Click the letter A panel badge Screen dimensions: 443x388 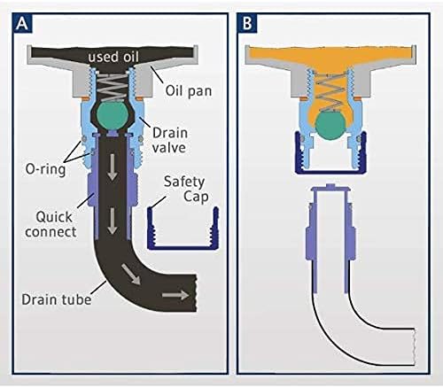point(22,23)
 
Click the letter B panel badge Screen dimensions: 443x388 point(247,23)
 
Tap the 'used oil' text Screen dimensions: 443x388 point(113,57)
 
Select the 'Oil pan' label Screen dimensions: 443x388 point(189,90)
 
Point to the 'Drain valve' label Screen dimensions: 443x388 point(170,140)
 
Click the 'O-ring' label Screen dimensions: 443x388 point(45,169)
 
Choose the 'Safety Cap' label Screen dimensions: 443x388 point(186,189)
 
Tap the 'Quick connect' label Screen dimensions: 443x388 point(51,224)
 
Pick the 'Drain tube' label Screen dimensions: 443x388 point(57,299)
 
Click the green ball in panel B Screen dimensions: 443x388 point(330,126)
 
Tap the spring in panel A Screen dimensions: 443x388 point(112,88)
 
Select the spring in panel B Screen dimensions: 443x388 point(330,92)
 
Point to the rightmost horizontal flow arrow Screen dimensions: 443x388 point(175,295)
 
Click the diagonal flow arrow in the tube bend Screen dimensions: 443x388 point(130,275)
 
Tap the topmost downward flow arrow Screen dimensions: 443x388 point(112,167)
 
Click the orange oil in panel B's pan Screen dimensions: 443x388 point(330,56)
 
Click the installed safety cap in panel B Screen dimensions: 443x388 point(330,172)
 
